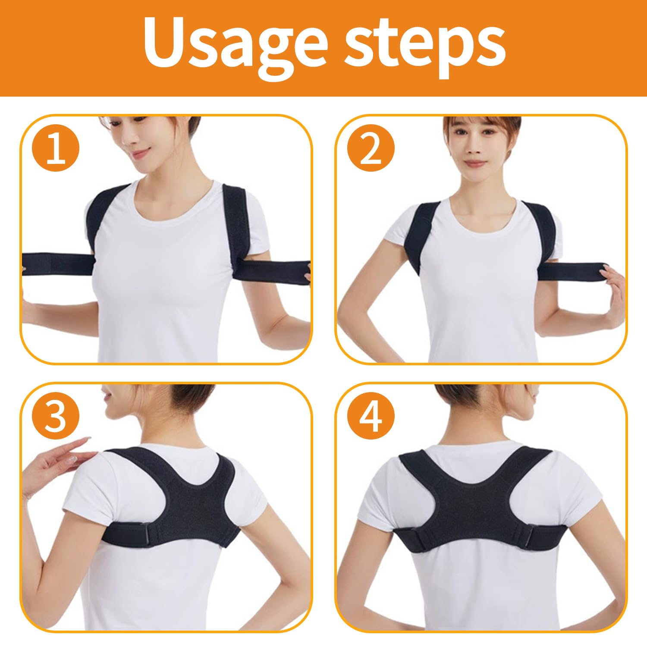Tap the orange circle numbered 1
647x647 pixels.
tap(56, 148)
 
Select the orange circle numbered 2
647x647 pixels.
tap(371, 148)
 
